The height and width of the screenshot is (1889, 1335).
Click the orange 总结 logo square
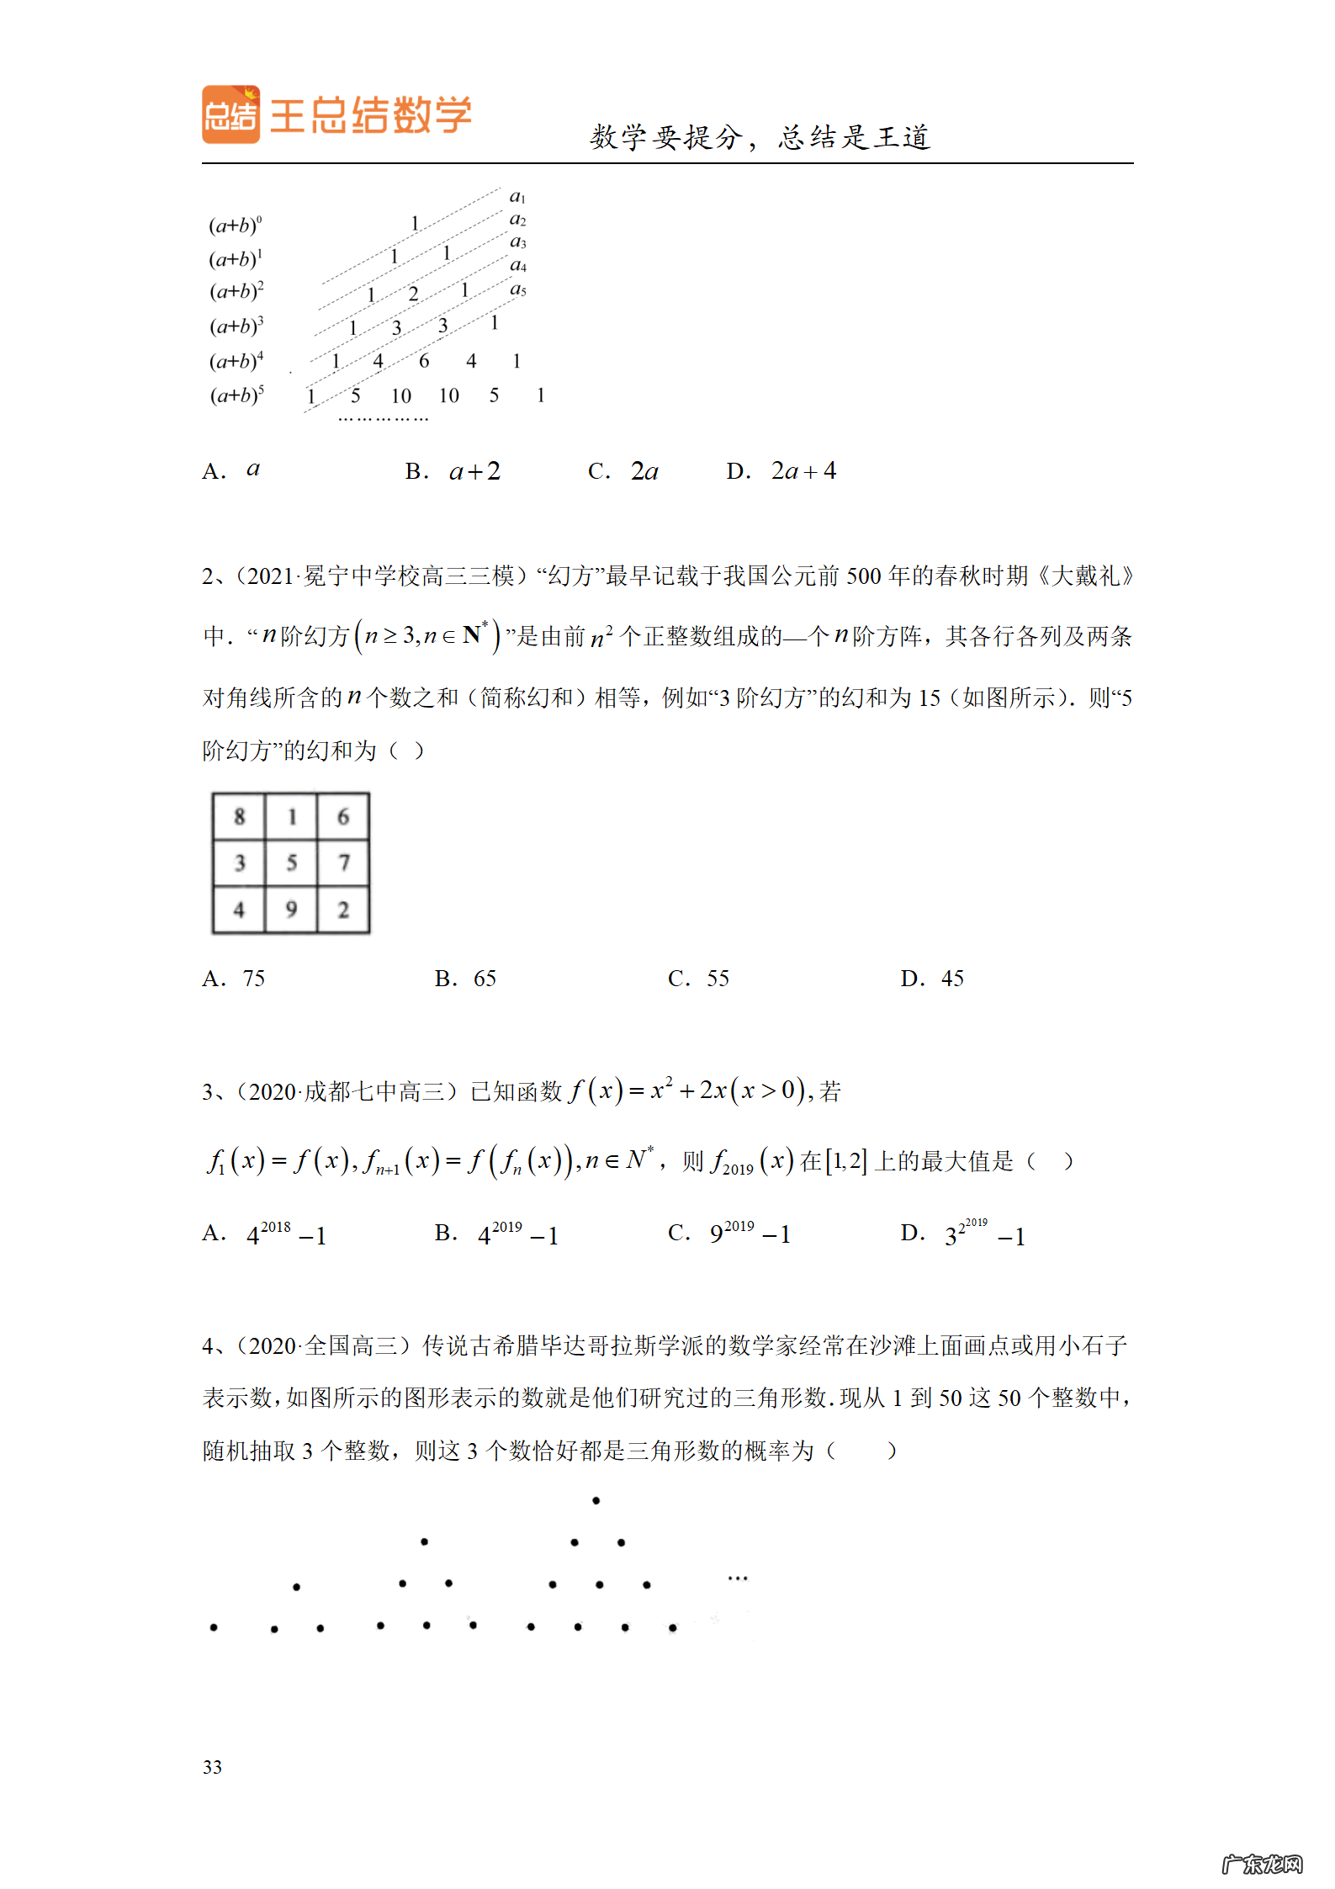click(230, 114)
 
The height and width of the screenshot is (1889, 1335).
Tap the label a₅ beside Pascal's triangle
click(518, 289)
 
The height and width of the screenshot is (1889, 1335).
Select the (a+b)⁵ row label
click(236, 395)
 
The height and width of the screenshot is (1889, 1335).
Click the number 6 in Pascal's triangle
click(424, 361)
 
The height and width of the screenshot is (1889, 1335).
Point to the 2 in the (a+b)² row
click(413, 294)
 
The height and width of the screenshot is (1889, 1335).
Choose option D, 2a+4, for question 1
click(781, 471)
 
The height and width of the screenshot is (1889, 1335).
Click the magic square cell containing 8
click(240, 816)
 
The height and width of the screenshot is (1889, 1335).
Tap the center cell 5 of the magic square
click(292, 862)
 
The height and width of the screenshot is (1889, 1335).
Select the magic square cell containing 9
click(292, 910)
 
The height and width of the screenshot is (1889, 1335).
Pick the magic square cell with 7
click(343, 862)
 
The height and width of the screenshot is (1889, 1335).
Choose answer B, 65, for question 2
click(466, 979)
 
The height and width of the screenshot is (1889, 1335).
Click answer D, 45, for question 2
click(932, 979)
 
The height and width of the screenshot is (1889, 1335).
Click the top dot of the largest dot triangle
click(596, 1501)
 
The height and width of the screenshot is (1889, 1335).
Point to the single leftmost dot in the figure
click(214, 1627)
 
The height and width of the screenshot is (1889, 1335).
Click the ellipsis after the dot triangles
click(738, 1579)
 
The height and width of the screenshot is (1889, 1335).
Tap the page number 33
click(212, 1767)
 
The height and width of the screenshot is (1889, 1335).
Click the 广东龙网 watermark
click(1261, 1865)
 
